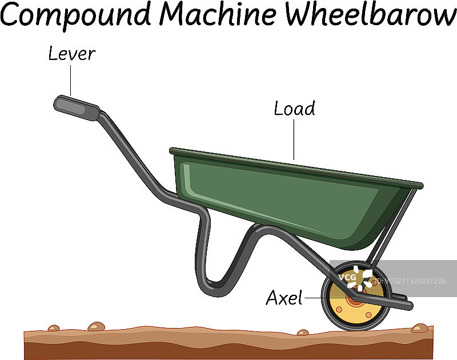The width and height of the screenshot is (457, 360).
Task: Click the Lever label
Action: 71,54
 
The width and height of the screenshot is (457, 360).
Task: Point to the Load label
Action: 294,109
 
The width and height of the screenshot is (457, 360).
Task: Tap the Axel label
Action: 284,298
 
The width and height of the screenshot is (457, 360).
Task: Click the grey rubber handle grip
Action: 76,107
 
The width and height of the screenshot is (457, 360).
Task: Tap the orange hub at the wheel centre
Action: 356,298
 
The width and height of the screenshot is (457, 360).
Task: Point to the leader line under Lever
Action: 71,80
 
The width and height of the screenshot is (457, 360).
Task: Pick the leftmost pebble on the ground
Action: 54,328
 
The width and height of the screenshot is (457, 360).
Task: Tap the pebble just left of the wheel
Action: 303,332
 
